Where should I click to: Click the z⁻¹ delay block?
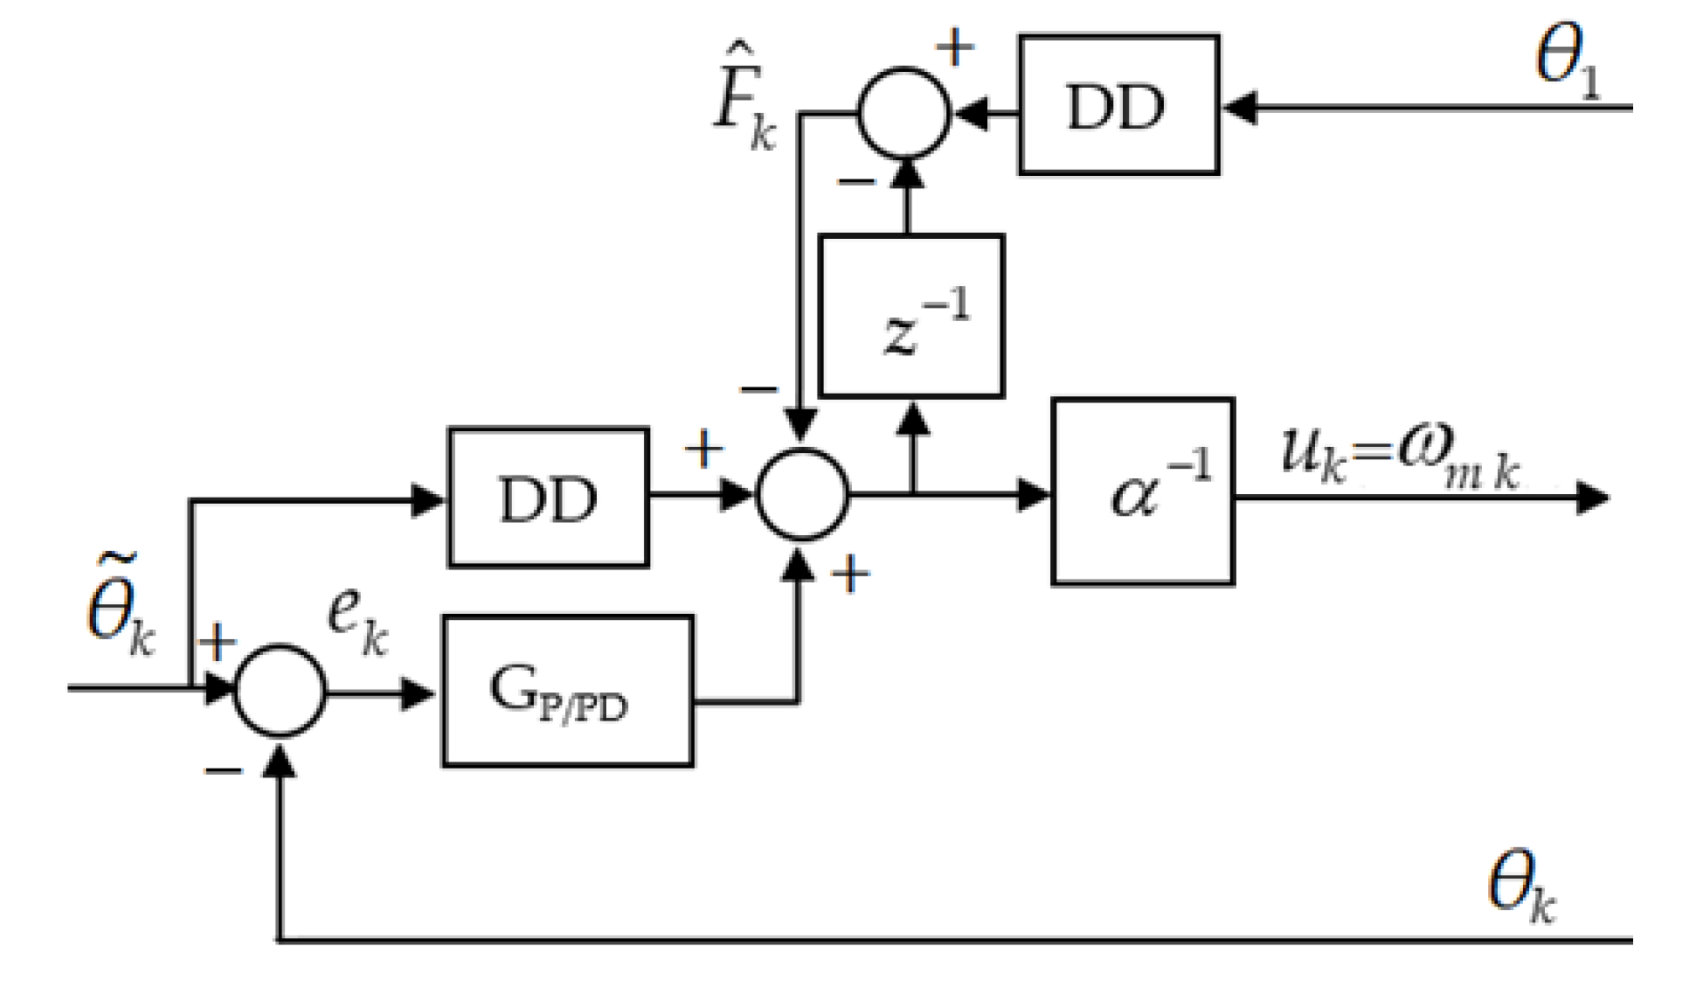(911, 316)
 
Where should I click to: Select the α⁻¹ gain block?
(1143, 491)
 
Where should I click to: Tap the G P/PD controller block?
(568, 690)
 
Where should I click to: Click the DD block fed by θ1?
(1118, 105)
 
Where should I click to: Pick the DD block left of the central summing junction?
(548, 498)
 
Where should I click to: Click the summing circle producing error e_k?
(280, 690)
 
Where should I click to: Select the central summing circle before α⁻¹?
(802, 495)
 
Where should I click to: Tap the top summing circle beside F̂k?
(904, 113)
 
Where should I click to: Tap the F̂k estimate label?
(745, 109)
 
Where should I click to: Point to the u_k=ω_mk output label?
(1399, 455)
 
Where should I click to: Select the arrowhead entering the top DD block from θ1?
(1239, 108)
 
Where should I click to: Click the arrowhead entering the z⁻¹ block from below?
(912, 418)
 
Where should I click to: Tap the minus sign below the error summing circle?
(222, 770)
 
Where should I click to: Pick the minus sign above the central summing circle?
(759, 389)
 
